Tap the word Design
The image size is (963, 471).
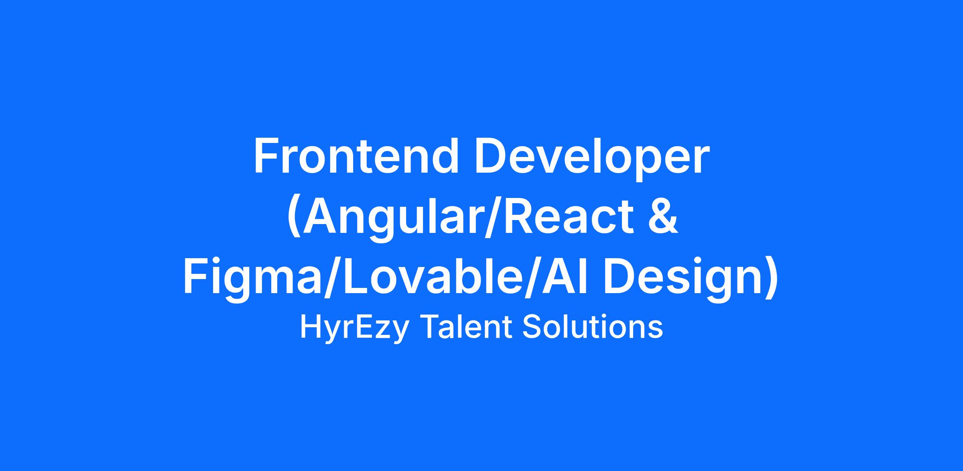683,281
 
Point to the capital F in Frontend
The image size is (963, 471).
266,156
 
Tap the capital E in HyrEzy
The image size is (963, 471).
364,327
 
